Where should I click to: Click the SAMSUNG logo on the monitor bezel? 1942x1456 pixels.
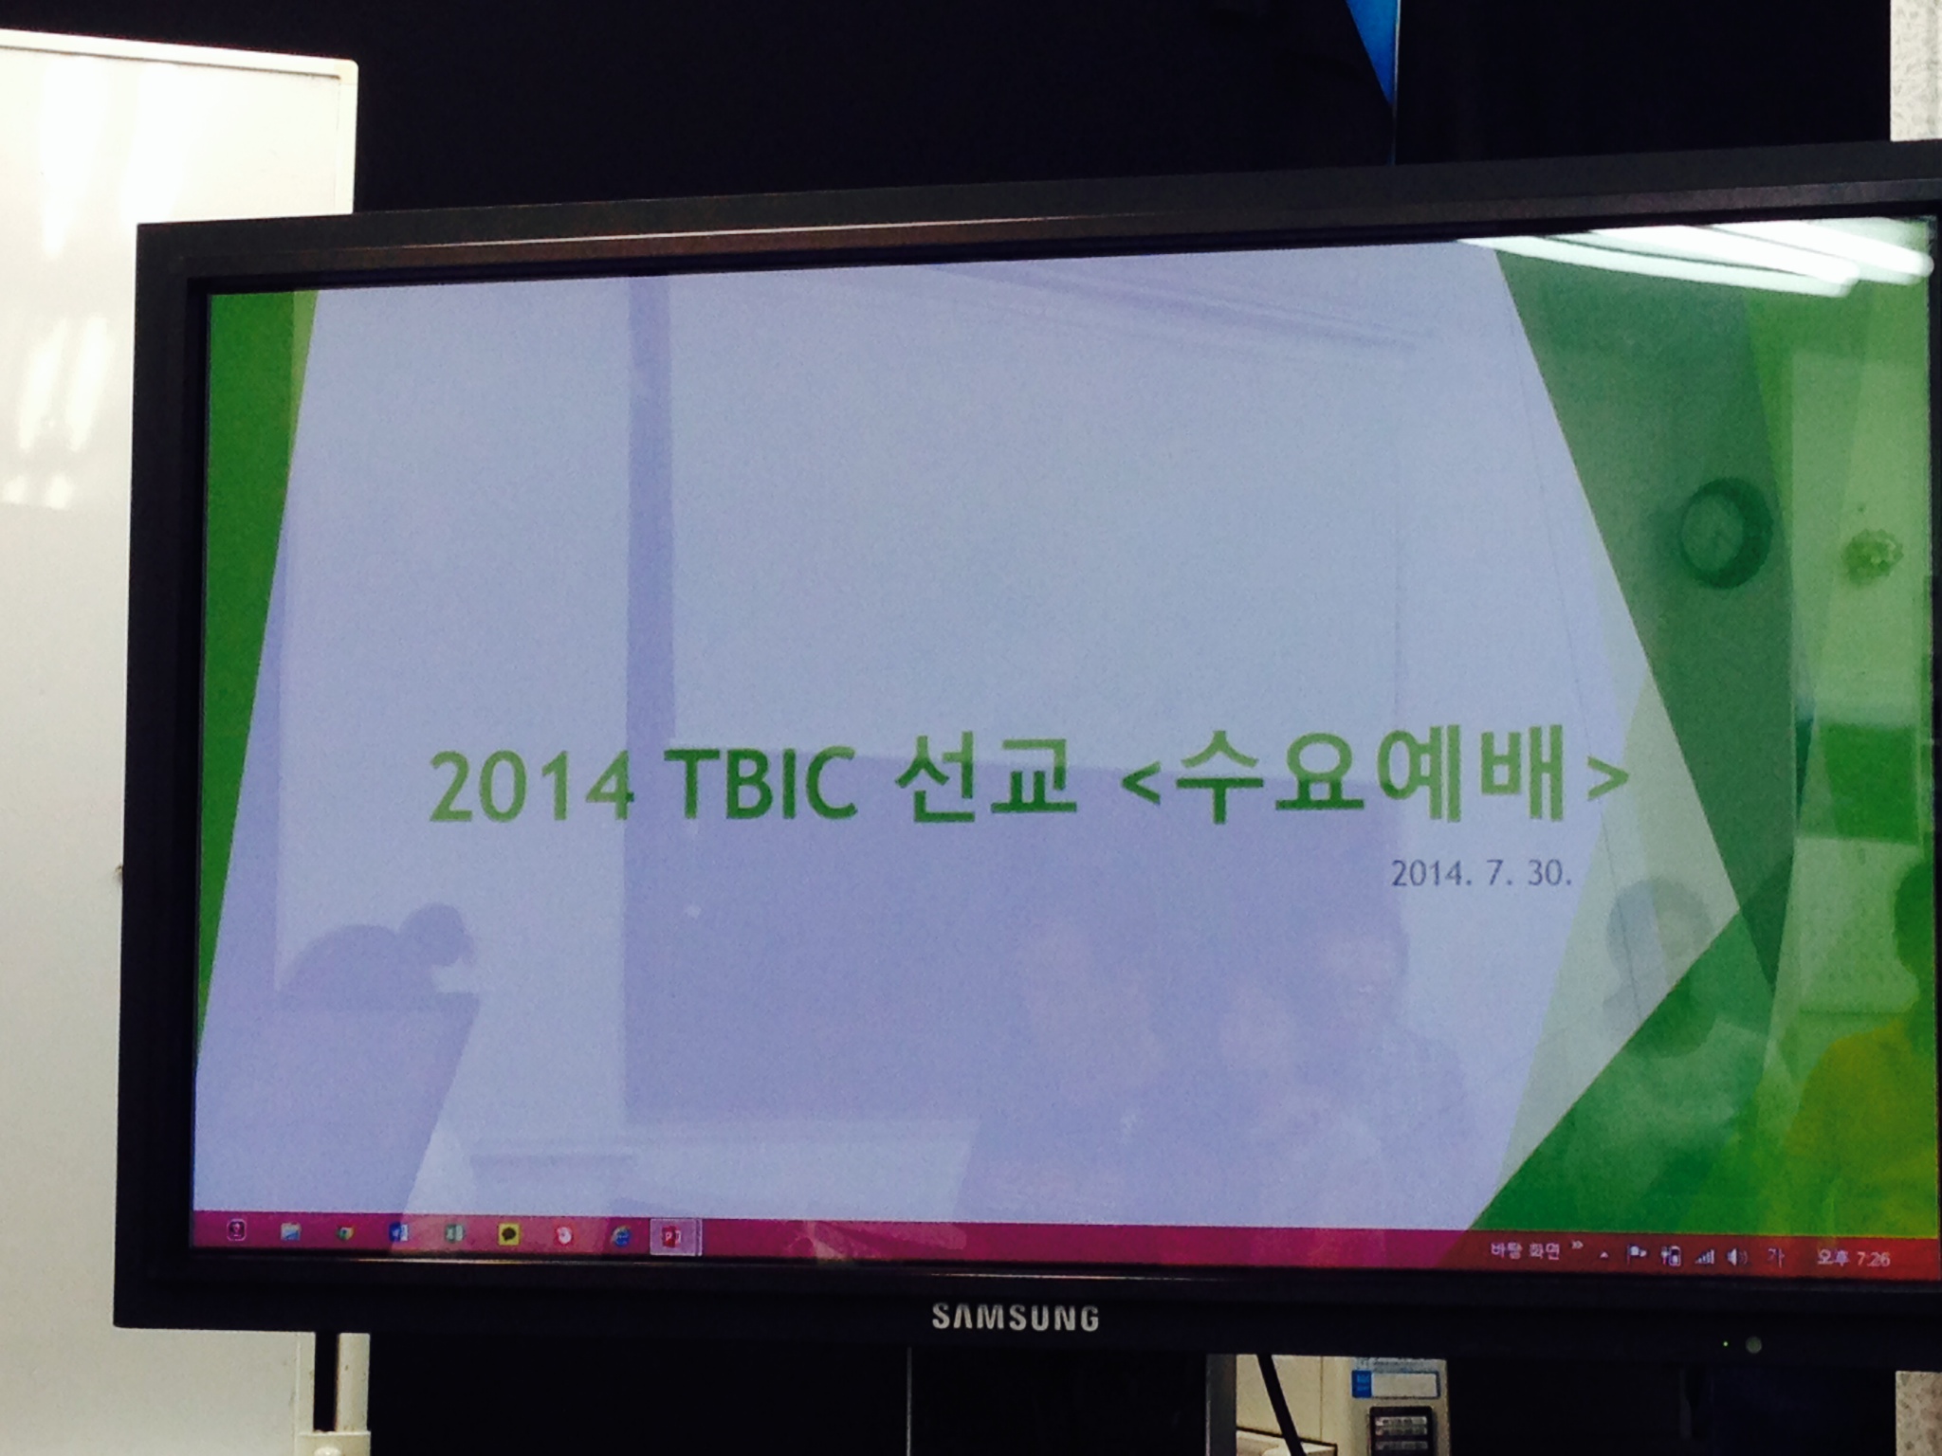click(1014, 1318)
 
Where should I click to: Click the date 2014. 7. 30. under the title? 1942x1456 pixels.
click(1482, 873)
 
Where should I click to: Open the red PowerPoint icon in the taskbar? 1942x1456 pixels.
click(674, 1235)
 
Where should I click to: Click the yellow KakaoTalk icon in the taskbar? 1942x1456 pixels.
click(509, 1234)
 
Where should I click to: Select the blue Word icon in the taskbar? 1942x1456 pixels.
click(399, 1233)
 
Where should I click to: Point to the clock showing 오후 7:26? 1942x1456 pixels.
click(1853, 1259)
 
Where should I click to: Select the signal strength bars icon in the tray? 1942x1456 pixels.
click(1704, 1257)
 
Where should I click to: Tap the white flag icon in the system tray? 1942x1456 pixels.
click(1636, 1255)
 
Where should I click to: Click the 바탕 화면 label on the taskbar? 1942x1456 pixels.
click(1525, 1251)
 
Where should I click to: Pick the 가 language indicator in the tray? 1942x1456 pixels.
click(1774, 1257)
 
